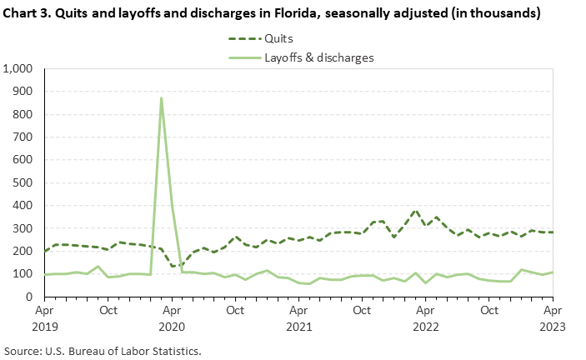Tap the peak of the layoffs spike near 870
coord(161,98)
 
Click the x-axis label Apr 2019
coord(44,317)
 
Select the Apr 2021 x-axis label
coord(298,317)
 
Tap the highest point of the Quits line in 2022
coord(415,210)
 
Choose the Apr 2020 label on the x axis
coord(171,317)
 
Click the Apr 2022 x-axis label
coord(425,317)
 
